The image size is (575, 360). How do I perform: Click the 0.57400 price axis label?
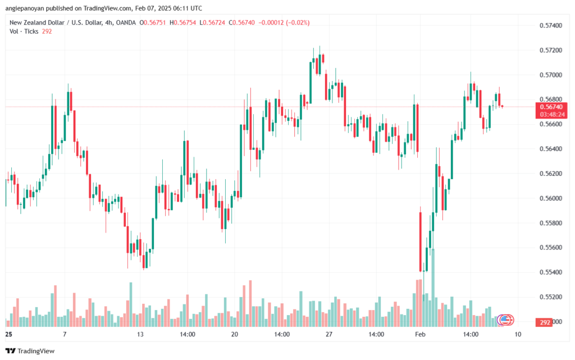550,25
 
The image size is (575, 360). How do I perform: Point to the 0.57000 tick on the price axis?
550,75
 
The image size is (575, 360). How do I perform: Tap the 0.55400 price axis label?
550,272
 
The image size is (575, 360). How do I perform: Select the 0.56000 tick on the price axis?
550,198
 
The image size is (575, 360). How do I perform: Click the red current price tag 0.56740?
551,107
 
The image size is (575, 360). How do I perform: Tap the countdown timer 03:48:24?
551,115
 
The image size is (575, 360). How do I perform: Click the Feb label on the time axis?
420,334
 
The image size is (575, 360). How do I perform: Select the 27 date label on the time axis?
329,334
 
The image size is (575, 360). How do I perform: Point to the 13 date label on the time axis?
140,334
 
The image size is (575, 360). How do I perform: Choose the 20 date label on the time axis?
234,334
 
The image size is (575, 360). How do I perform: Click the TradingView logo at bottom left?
30,351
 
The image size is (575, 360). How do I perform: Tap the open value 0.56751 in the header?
154,22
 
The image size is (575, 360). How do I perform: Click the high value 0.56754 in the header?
185,22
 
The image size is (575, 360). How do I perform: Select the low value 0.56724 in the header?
214,22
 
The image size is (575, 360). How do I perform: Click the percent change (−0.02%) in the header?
298,22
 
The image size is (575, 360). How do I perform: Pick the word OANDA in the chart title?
126,22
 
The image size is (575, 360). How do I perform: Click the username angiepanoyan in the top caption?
25,8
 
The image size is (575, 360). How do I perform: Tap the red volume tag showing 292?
545,322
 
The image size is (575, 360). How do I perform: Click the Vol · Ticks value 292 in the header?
47,31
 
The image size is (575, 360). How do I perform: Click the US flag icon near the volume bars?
505,320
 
